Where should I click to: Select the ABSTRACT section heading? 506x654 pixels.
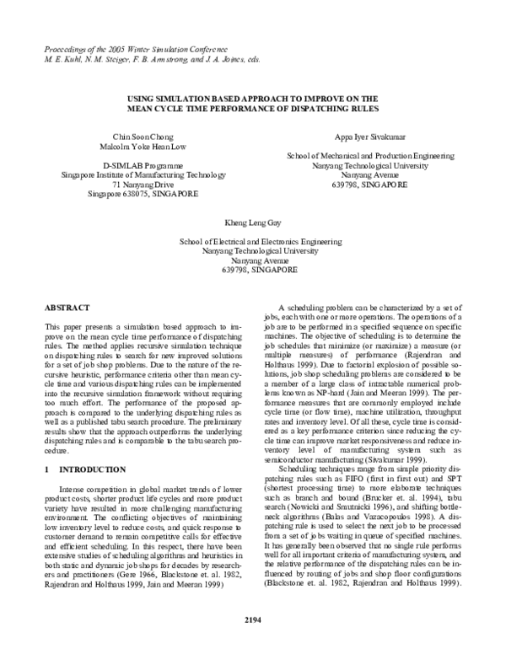[66, 309]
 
